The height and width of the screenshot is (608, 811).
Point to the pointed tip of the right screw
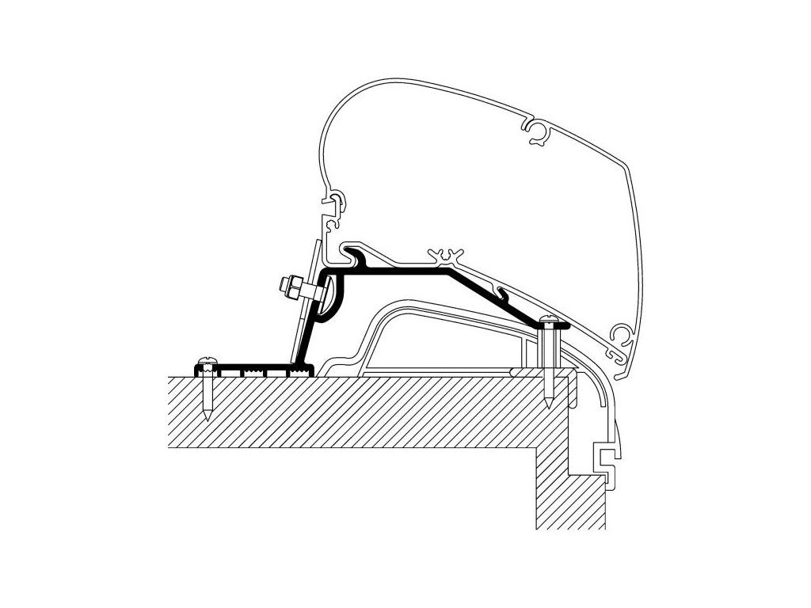[550, 407]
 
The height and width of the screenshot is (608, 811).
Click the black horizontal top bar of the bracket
[396, 272]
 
